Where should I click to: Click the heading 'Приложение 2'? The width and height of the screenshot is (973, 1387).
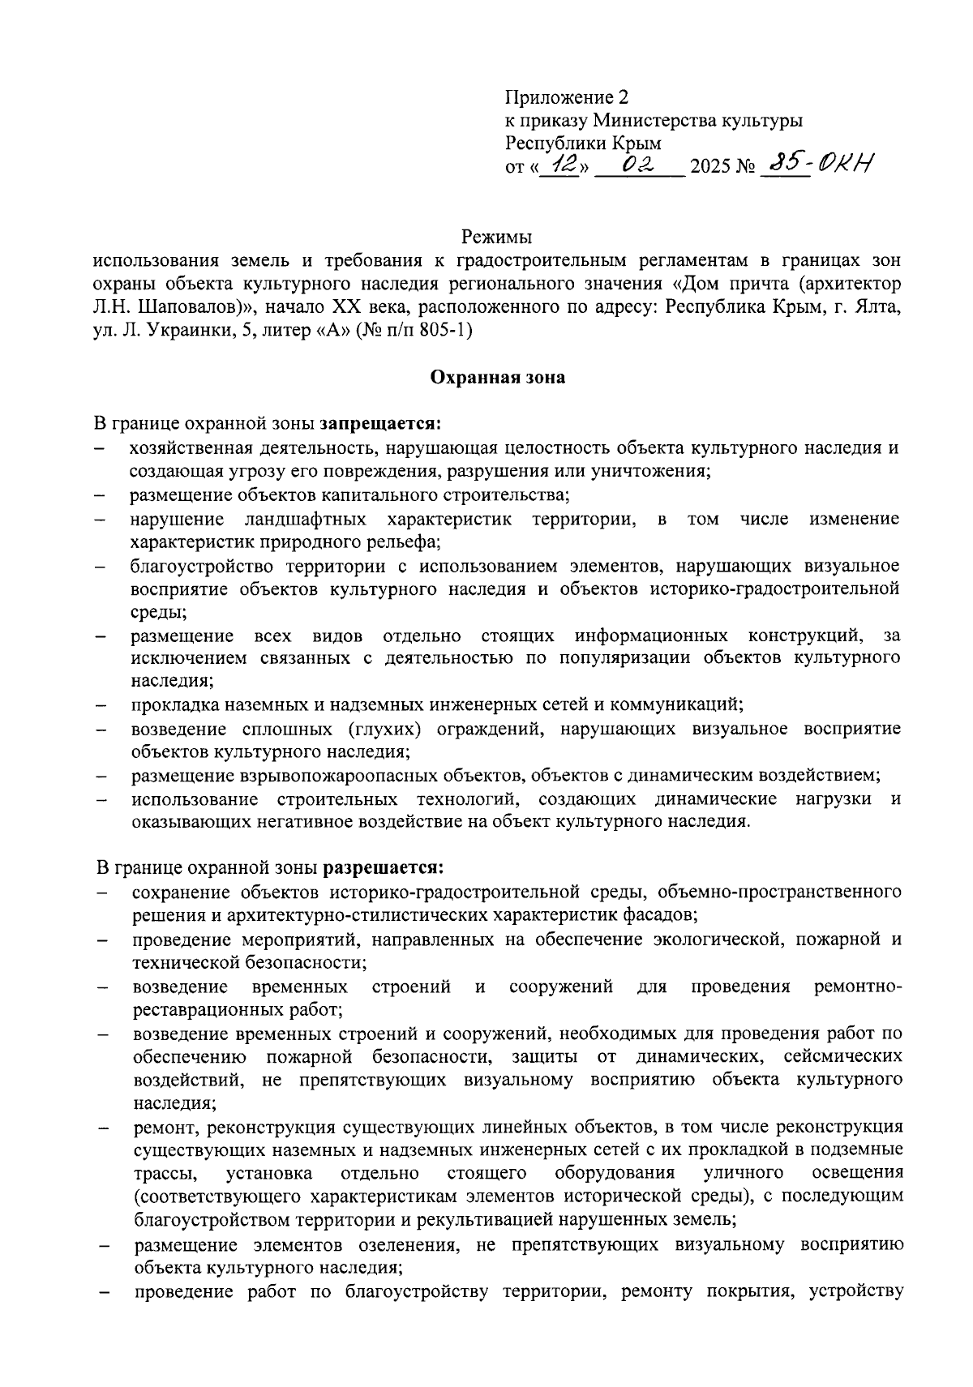pos(567,98)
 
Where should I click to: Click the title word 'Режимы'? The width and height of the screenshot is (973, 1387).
pos(496,238)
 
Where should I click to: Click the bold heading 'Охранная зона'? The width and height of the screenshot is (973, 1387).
pos(496,377)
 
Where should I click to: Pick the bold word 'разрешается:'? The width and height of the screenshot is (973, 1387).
pos(384,868)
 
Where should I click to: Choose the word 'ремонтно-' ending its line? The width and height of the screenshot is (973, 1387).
pos(856,987)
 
